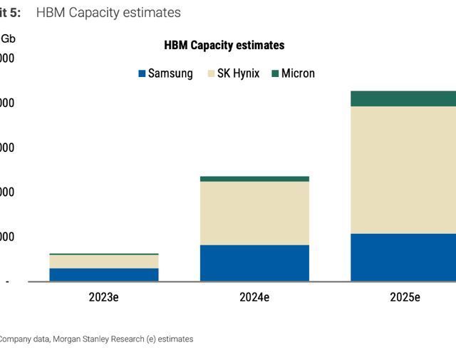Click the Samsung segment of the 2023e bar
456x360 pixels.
coord(104,274)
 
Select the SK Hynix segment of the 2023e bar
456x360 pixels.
coord(104,261)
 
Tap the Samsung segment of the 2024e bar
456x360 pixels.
coord(254,263)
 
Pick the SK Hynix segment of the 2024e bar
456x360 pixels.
coord(254,213)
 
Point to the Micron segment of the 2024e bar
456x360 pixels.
coord(254,179)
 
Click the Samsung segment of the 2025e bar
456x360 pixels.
coord(403,257)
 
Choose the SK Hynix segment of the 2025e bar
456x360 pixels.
coord(403,170)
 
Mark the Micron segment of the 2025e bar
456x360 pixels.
coord(403,98)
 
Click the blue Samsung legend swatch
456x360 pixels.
coord(142,73)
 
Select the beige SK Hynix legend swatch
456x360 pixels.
coord(211,73)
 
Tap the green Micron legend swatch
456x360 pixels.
coord(275,73)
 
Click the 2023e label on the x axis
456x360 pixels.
coord(104,297)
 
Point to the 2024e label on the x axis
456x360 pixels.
coord(254,297)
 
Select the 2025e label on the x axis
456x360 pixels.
coord(405,297)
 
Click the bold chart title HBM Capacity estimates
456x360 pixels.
coord(224,45)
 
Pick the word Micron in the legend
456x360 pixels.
coord(298,73)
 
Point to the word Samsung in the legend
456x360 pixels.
coord(170,73)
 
